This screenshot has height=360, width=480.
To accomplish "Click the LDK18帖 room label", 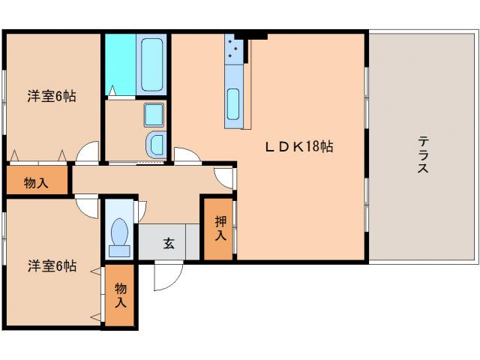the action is (299, 147).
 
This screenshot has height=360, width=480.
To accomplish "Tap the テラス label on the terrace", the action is (423, 155).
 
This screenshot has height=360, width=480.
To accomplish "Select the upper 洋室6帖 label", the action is (52, 96).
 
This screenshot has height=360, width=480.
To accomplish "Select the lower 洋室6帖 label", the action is (52, 265).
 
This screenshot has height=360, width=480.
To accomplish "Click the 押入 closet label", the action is (220, 228).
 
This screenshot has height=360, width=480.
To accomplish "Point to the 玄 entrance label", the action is (169, 243).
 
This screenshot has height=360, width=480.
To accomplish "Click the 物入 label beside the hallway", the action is (36, 183).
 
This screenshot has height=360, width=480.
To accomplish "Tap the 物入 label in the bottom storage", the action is (121, 295).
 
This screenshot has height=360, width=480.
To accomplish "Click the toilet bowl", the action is (120, 232).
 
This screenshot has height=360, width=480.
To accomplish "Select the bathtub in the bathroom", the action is (151, 64).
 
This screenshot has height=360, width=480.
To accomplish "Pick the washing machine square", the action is (154, 115).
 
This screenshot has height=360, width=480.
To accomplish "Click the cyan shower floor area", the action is (121, 64).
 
